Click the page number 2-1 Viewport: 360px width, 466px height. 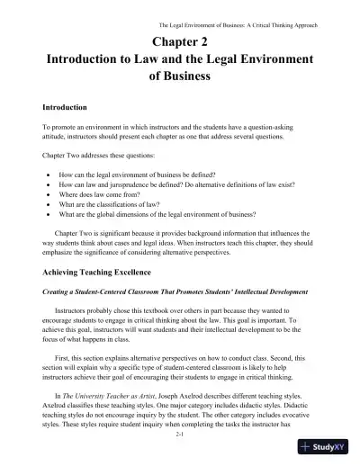(180, 433)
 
